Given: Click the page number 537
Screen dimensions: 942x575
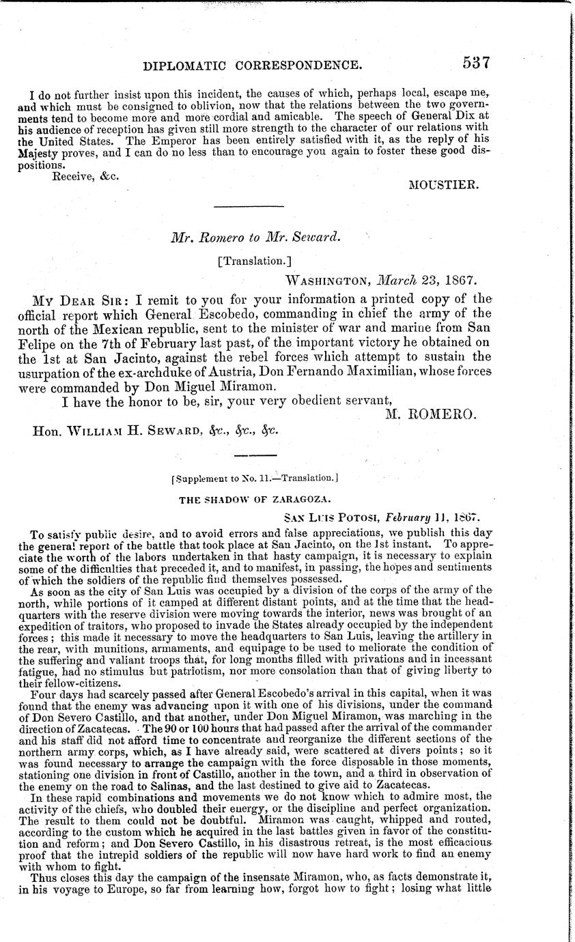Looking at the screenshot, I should pos(477,63).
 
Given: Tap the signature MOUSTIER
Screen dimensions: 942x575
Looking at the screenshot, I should pos(447,185).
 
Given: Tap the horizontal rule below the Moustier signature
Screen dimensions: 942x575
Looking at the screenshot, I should pos(249,205).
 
